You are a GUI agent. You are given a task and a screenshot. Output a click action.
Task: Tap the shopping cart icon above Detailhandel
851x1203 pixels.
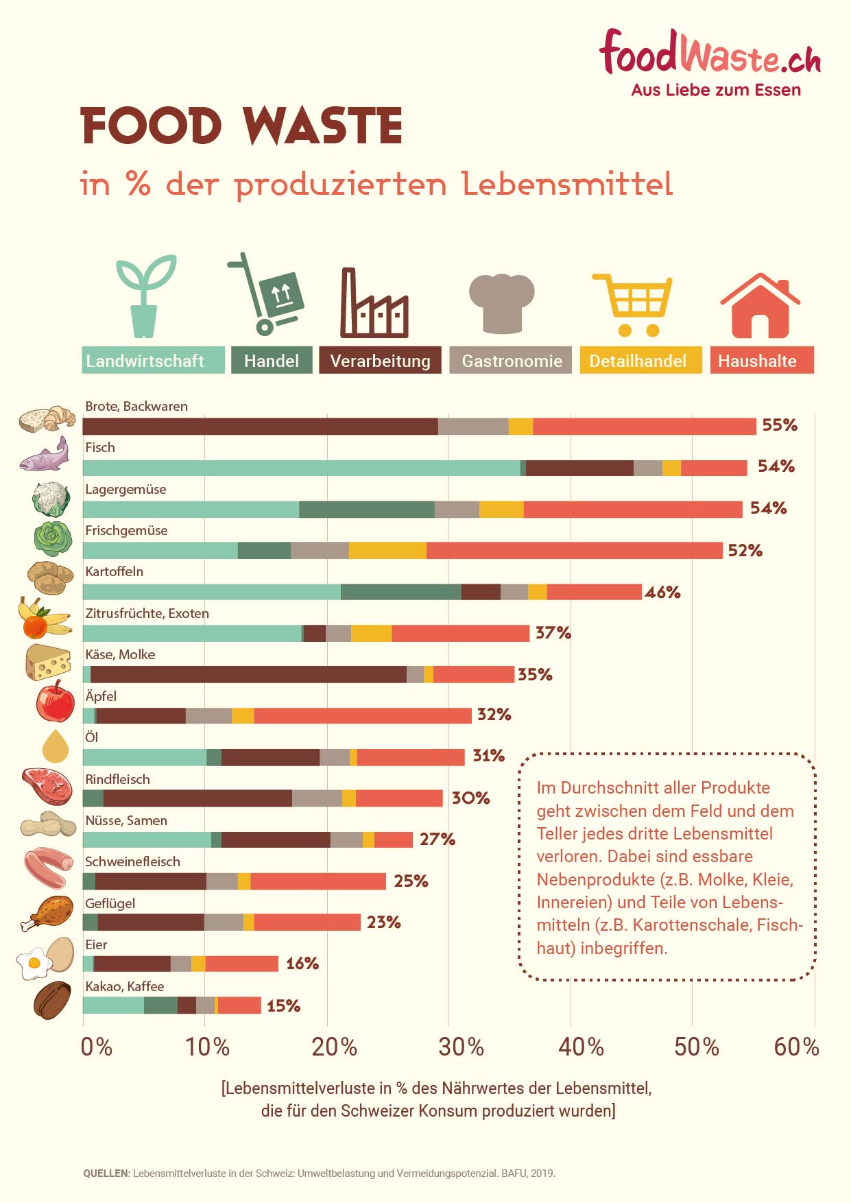coord(633,305)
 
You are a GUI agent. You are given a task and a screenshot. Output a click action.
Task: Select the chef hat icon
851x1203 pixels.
coord(501,302)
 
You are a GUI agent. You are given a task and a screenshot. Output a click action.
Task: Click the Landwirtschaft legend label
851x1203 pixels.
coord(153,361)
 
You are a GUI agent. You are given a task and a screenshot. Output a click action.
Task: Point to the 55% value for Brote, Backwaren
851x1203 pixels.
coord(780,425)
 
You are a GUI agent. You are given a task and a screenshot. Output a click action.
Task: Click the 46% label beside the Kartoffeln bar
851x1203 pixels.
coord(662,592)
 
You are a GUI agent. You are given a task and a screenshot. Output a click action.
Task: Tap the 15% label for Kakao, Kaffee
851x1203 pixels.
coord(284,1005)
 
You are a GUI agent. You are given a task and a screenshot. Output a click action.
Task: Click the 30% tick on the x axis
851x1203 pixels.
coord(461,1047)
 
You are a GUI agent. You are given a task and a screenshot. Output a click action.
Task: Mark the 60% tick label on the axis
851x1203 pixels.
coord(796,1047)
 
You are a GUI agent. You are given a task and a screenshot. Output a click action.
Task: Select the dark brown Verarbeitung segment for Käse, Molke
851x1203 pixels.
coord(248,674)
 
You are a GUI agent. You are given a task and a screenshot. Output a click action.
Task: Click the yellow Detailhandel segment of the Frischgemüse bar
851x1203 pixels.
coord(387,550)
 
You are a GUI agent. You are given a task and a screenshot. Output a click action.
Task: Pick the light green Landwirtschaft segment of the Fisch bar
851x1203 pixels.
coord(301,468)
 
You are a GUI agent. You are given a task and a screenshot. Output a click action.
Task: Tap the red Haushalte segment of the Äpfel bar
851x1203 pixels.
coord(362,715)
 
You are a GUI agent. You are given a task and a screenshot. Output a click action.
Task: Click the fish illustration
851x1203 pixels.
coord(45,455)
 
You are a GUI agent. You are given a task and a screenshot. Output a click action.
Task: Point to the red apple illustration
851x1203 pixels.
coord(56,701)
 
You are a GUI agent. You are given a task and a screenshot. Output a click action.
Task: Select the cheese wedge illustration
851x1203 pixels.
coord(48,662)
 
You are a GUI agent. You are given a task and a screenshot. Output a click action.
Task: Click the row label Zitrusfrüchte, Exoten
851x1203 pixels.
coord(147,613)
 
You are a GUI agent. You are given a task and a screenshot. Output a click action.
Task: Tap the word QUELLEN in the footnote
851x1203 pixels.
coord(106,1173)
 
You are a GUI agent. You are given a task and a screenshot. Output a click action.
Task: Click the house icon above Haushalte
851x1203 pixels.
coord(760,306)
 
